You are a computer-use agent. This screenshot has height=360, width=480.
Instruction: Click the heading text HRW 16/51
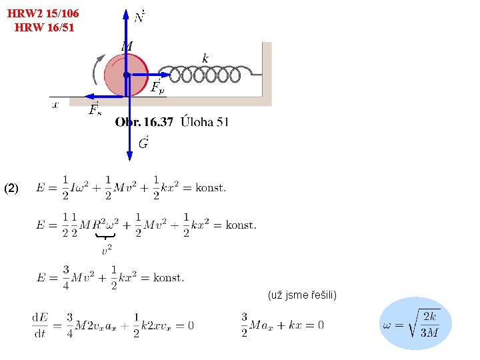tap(44, 27)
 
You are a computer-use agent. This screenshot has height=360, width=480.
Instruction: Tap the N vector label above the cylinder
tap(140, 15)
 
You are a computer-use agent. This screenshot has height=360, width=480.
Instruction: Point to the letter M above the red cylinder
tap(127, 46)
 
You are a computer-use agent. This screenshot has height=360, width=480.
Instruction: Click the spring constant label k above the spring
tap(205, 59)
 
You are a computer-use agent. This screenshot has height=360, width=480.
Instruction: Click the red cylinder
tap(126, 75)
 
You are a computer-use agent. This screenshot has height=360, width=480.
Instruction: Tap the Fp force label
tap(158, 87)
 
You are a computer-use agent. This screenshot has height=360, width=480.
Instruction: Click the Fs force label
tap(95, 110)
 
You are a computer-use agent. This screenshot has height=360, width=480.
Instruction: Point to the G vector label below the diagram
tap(143, 143)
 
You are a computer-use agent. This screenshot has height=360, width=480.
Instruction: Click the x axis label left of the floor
tap(55, 104)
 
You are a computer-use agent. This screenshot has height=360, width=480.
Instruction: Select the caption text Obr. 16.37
tap(144, 122)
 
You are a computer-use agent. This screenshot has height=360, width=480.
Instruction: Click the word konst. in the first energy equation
tap(211, 187)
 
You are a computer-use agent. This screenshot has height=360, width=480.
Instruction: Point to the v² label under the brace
tap(106, 250)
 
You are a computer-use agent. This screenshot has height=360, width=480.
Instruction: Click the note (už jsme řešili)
tap(302, 295)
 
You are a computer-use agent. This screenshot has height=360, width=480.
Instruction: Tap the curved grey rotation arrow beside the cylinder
tap(97, 69)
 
